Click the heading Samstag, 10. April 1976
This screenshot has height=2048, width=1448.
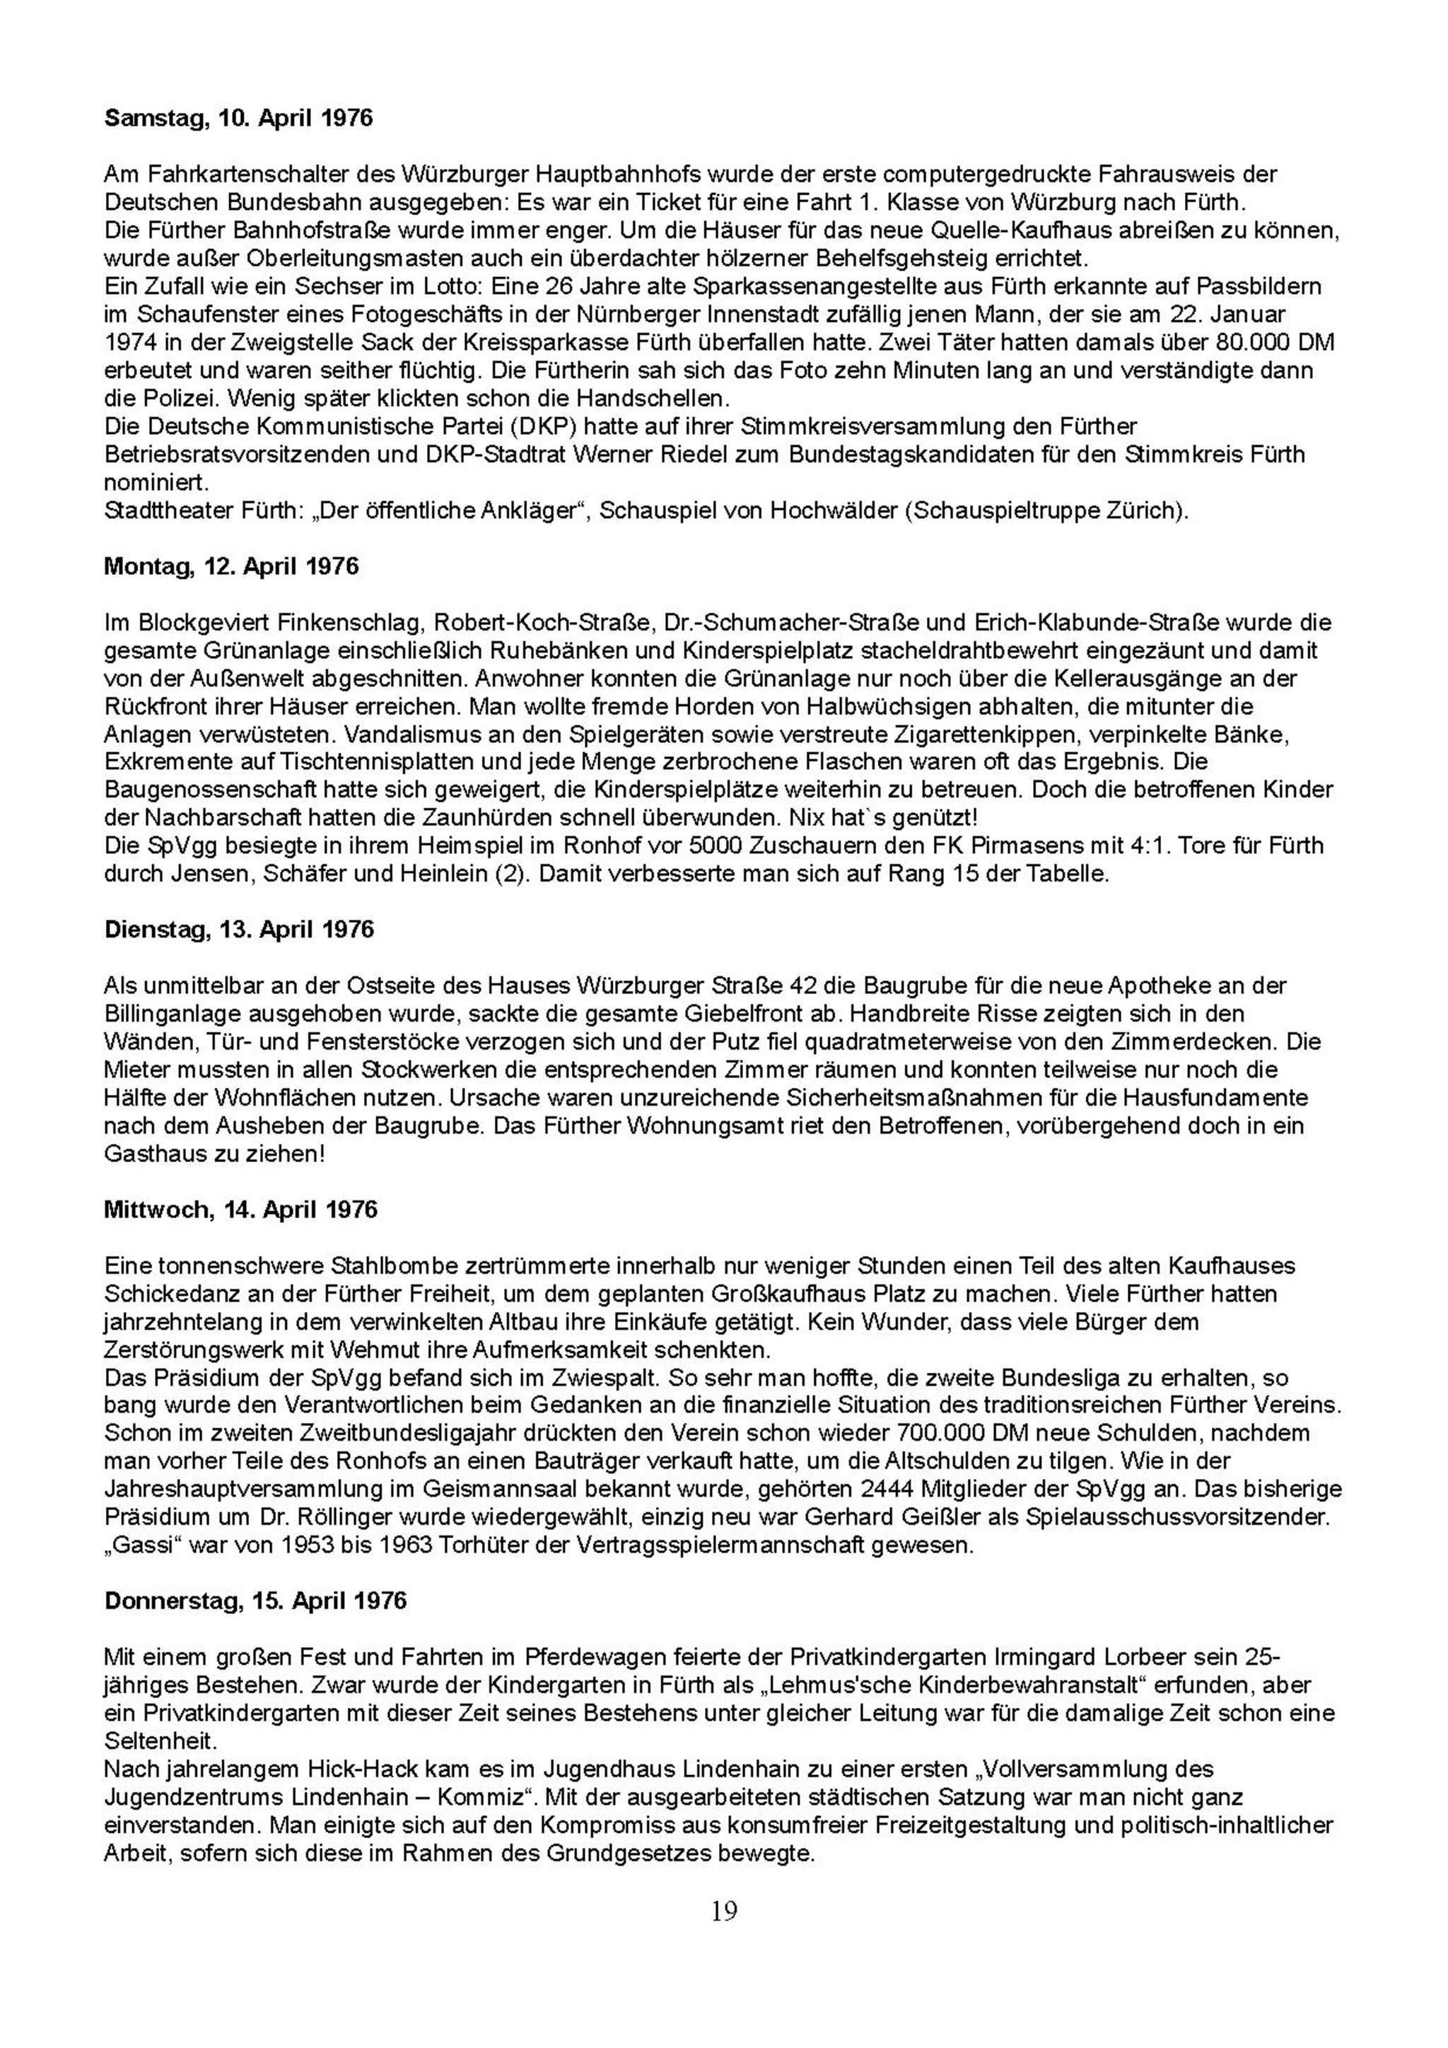click(238, 118)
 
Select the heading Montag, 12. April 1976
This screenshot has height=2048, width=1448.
click(231, 566)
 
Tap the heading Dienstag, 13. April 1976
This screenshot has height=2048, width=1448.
click(239, 930)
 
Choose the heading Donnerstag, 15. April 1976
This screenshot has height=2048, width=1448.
click(255, 1601)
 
